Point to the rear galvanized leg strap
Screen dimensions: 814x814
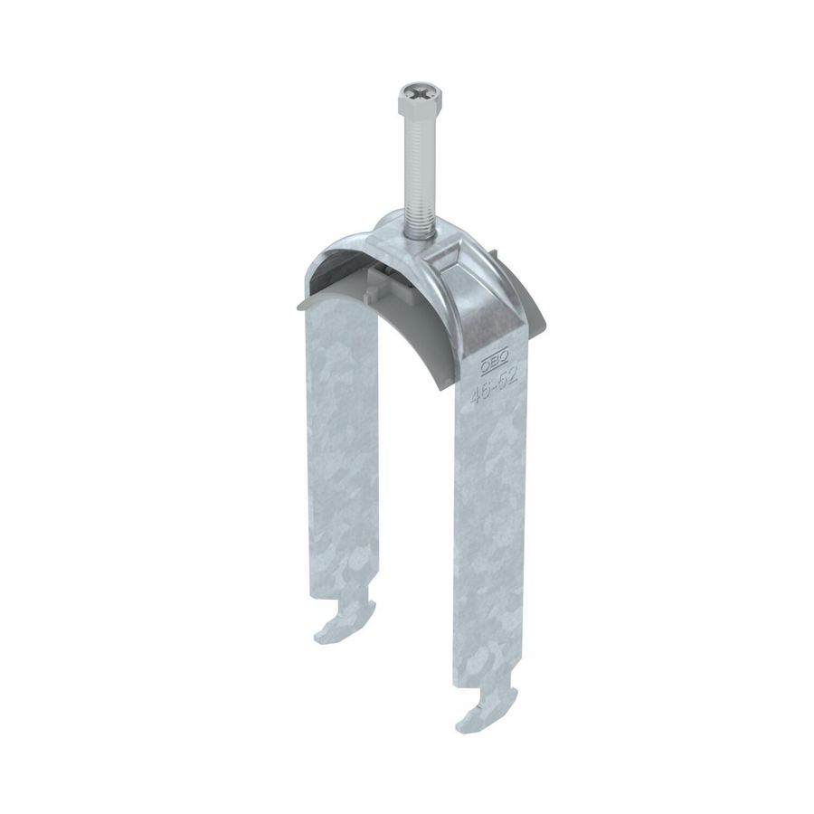pos(344,452)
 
